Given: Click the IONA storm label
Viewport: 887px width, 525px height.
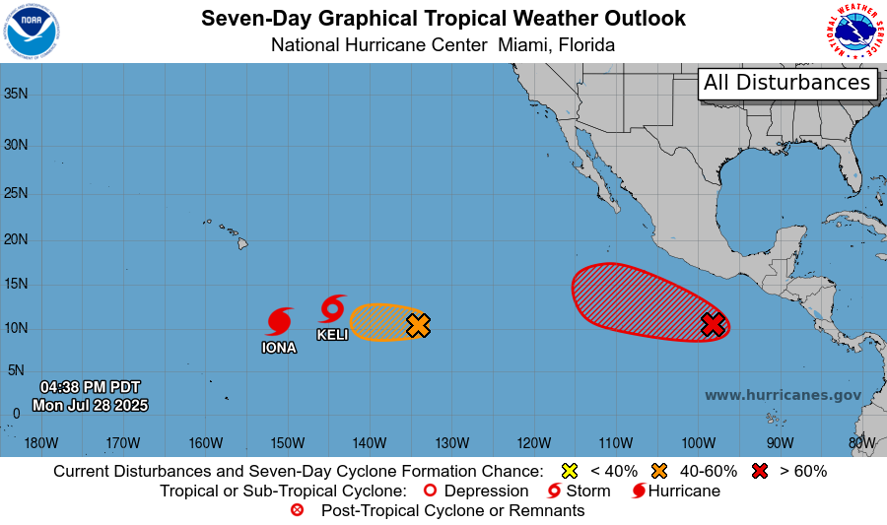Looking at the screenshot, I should click(x=279, y=348).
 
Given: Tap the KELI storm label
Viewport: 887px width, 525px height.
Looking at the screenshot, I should click(x=332, y=335).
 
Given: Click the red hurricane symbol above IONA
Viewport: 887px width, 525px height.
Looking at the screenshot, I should click(x=280, y=322).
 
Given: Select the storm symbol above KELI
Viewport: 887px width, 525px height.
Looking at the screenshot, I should click(x=333, y=308).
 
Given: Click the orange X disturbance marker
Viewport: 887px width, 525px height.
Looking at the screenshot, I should click(x=419, y=325).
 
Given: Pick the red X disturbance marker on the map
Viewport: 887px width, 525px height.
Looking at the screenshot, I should click(x=714, y=324).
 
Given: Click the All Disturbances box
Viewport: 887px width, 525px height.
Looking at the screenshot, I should click(x=787, y=83).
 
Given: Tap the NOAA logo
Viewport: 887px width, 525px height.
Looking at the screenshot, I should click(x=32, y=32).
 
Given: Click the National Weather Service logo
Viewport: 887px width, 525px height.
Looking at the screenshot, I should click(x=853, y=32).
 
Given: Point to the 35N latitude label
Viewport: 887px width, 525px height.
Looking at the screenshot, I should click(x=15, y=95).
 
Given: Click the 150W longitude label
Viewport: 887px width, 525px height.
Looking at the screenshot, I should click(x=287, y=443).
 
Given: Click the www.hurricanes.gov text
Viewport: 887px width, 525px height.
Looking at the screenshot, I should click(x=783, y=395).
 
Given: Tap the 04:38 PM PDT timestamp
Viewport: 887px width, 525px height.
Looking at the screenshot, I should click(x=90, y=386).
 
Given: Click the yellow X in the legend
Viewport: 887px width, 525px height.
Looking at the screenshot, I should click(x=569, y=471).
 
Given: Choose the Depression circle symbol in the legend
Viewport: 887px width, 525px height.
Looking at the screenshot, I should click(x=430, y=491).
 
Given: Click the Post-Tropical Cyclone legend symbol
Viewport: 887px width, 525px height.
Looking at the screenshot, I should click(x=298, y=510).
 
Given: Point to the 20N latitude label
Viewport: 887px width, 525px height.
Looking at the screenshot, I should click(x=15, y=239).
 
